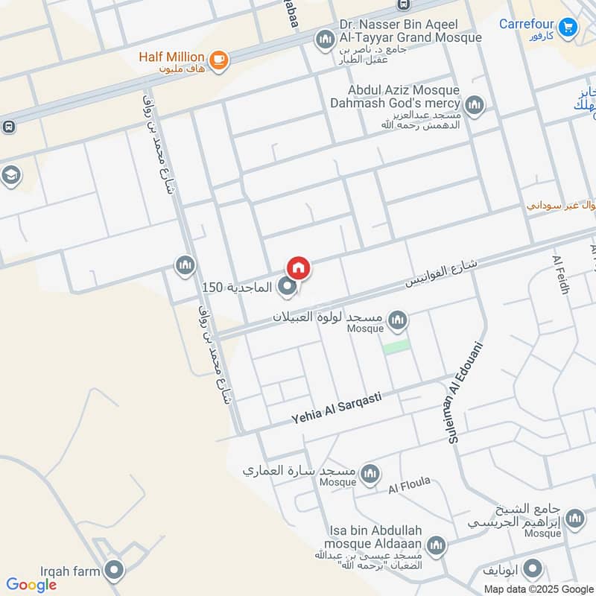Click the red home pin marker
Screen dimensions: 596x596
tap(298, 267)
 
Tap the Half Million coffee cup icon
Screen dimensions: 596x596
tap(218, 60)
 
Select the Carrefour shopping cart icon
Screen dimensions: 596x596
tap(569, 28)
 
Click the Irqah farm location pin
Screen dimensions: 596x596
tap(113, 571)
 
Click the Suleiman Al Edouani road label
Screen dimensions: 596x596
tap(466, 393)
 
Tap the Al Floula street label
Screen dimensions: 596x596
tap(409, 485)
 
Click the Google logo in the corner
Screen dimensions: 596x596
tap(31, 585)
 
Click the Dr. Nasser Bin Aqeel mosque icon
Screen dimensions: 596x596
tap(325, 39)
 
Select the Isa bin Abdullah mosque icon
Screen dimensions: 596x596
tap(436, 545)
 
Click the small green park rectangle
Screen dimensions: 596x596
tap(396, 346)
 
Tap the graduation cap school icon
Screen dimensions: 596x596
tap(12, 175)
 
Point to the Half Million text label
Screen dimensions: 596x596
tap(171, 57)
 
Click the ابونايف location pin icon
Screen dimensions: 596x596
tap(531, 570)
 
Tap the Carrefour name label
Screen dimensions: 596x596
tap(527, 24)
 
